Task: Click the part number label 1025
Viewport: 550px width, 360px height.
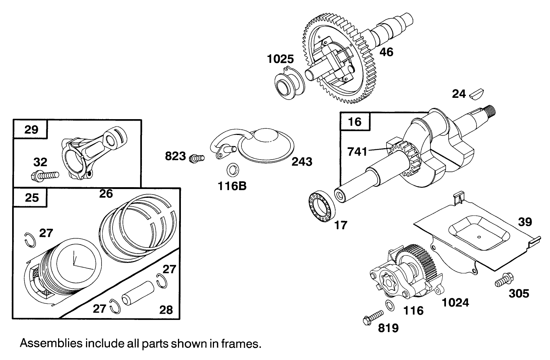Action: coord(281,59)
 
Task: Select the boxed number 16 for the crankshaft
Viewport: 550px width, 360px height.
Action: coord(355,122)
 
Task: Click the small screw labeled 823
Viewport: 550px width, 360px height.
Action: coord(196,158)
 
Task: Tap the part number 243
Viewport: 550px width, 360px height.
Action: coord(302,161)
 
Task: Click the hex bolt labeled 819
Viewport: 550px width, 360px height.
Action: coord(372,317)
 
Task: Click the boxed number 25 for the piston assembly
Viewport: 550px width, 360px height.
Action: coord(32,197)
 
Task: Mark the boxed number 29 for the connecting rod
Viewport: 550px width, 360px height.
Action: coord(31,129)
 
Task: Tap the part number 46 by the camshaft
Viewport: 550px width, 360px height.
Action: coord(386,52)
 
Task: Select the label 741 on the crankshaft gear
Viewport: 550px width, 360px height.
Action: coord(357,151)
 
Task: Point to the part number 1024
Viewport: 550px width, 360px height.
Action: coord(456,302)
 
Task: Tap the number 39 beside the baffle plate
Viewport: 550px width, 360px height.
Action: coord(525,222)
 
